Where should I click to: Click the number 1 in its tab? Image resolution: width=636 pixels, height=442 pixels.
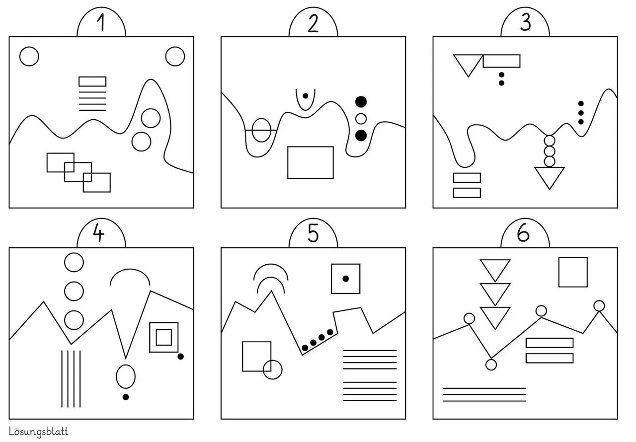click(x=101, y=23)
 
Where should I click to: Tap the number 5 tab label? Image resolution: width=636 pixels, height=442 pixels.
click(x=313, y=233)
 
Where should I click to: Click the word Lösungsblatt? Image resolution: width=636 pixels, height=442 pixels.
click(x=38, y=432)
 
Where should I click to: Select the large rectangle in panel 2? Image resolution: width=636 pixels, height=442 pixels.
click(x=311, y=162)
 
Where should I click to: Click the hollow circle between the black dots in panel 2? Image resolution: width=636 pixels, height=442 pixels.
click(x=361, y=119)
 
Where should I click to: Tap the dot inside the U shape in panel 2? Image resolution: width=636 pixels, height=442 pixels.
click(x=305, y=95)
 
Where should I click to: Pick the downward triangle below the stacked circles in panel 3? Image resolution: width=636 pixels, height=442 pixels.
click(x=550, y=176)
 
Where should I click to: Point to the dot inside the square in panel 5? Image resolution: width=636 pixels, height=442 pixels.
click(x=346, y=279)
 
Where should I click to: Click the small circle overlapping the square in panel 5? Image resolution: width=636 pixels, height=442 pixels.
click(x=272, y=369)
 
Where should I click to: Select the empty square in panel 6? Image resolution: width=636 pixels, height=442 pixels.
click(x=573, y=272)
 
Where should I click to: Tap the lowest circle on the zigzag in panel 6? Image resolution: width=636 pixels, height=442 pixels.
click(x=491, y=365)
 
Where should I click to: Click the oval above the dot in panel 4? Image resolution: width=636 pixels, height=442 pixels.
click(x=126, y=376)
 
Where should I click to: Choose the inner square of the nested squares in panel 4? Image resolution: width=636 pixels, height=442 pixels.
click(x=163, y=337)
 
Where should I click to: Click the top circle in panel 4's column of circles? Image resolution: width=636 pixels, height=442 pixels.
click(x=74, y=262)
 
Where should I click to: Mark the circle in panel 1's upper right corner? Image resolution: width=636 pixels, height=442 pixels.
click(x=175, y=57)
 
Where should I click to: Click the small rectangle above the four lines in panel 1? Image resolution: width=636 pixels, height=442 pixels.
click(x=92, y=81)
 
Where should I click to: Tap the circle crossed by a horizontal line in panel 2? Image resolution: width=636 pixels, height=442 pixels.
click(x=261, y=130)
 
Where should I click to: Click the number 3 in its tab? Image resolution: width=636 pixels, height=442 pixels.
click(x=525, y=23)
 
